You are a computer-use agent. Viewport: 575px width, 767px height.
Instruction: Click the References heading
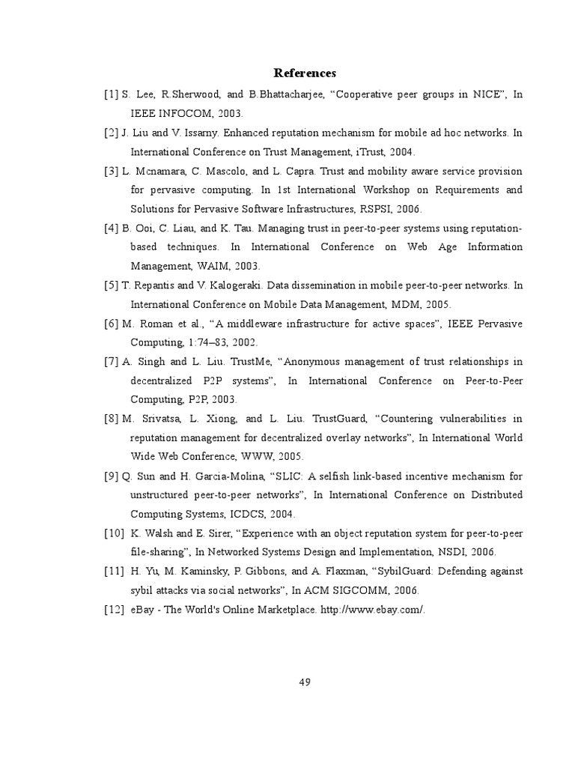[305, 73]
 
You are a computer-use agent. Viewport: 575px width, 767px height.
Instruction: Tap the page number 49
[305, 682]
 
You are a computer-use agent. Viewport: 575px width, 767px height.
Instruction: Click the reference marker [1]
[111, 94]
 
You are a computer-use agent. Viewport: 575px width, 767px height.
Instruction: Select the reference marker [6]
[111, 324]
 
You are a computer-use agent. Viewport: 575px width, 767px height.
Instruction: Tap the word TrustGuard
[333, 419]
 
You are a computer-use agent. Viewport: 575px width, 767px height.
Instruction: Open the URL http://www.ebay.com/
[372, 609]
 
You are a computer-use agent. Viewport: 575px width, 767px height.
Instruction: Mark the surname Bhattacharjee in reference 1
[293, 94]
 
